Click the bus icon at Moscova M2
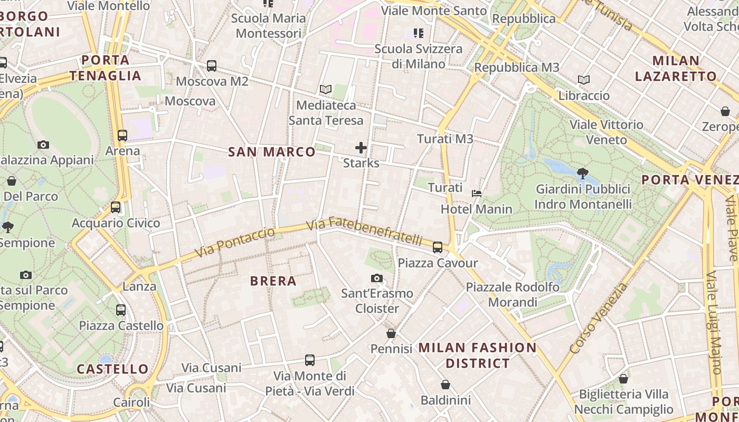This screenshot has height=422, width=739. pos(212,66)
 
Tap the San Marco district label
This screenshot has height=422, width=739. pos(272,152)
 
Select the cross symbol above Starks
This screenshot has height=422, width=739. pos(361,148)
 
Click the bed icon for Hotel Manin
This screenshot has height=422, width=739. pos(477,194)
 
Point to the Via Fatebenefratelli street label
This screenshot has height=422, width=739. pos(364,231)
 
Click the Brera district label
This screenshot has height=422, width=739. pos(273,281)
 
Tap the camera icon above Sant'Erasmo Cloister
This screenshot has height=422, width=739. pos(377,278)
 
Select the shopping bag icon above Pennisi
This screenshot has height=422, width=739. pos(391,333)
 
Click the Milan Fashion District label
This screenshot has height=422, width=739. pos(478,355)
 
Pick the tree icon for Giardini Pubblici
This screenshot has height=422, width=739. pos(583,173)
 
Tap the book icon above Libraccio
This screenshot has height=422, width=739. pos(583,80)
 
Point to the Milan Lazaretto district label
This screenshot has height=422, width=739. pos(676,68)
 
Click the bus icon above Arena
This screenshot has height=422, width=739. pos(122,136)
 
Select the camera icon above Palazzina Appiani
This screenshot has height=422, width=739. pos(43,145)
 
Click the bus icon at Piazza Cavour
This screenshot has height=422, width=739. pos(438,247)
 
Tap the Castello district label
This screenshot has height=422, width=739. pos(113,369)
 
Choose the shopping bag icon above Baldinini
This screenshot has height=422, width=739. pos(446,385)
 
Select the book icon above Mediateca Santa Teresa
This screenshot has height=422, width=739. pos(326,90)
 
